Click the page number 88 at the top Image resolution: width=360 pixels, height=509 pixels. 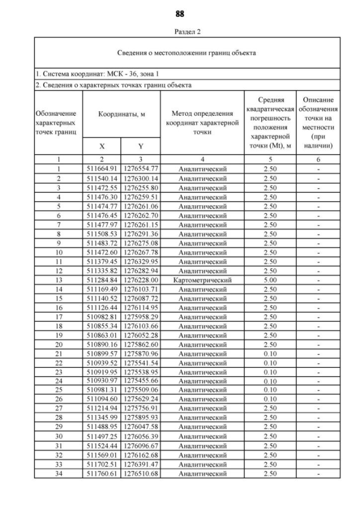(x=180, y=13)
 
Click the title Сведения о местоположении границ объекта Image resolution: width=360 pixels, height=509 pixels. (x=187, y=53)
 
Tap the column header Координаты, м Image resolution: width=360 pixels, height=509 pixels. (x=122, y=114)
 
